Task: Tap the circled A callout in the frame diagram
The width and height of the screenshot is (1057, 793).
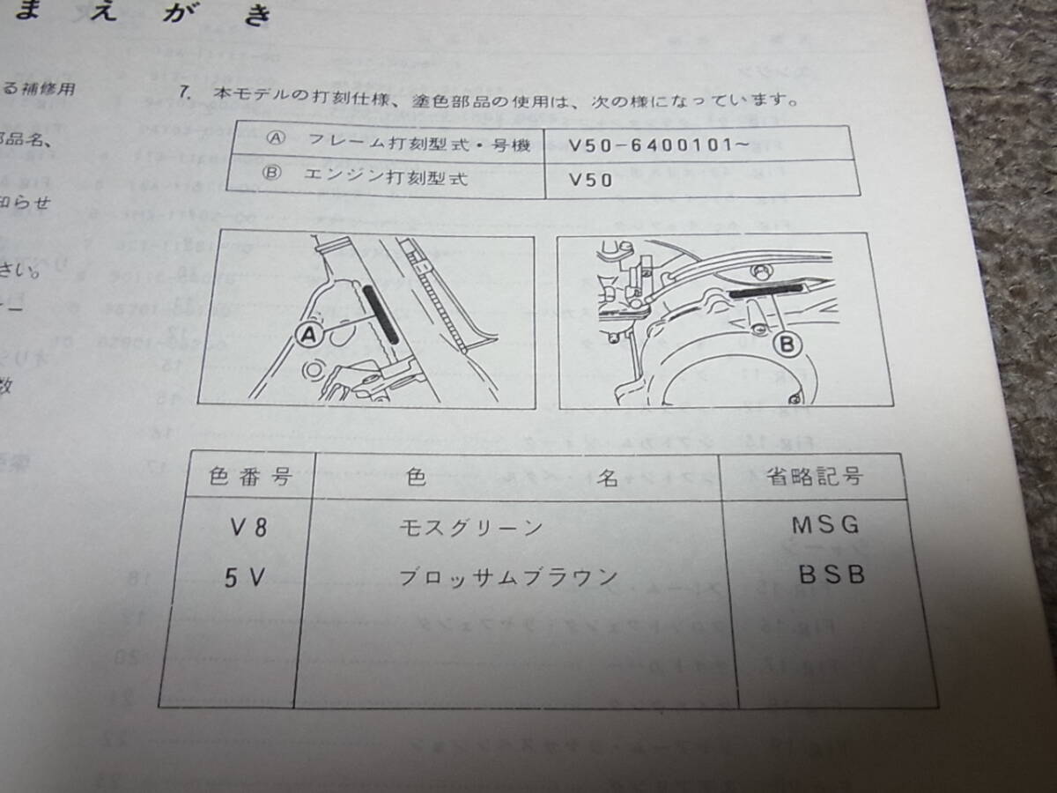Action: point(308,334)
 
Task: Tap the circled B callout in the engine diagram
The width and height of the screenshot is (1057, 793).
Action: point(790,343)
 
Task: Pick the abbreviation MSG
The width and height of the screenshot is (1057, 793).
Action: point(824,526)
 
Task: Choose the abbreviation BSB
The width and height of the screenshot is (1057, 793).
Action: point(832,574)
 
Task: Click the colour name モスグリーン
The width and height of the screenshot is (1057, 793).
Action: point(470,528)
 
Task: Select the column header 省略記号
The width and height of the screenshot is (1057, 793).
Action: point(813,477)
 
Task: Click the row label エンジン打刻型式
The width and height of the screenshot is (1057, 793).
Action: point(393,178)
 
